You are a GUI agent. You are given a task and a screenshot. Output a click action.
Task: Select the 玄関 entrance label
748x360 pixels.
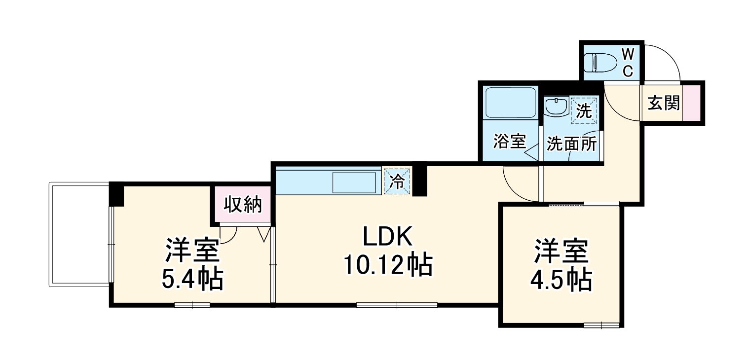(663, 104)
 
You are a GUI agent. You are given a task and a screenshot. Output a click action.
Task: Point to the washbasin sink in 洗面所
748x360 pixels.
(557, 107)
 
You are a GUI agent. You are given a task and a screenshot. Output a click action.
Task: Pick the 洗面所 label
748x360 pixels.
(571, 144)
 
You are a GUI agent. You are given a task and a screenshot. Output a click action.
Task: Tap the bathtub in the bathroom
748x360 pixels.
(510, 103)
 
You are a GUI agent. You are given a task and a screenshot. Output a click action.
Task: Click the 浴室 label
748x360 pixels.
(509, 142)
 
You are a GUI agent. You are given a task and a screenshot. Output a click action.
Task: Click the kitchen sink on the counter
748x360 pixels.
(354, 182)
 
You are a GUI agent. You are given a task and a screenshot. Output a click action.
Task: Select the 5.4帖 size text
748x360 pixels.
(192, 279)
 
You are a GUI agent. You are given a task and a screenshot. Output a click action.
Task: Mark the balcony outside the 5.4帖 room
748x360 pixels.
(79, 234)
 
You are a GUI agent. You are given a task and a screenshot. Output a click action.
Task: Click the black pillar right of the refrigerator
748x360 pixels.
(419, 181)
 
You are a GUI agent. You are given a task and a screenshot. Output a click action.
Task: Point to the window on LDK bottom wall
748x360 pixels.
(397, 305)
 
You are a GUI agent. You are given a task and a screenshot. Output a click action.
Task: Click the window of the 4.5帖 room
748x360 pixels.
(601, 325)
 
